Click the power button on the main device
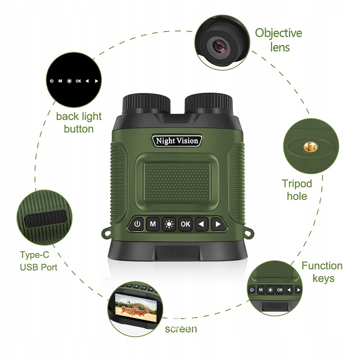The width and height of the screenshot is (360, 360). click(138, 224)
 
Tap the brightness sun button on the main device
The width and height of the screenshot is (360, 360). click(169, 224)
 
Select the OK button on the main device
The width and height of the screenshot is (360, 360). click(185, 224)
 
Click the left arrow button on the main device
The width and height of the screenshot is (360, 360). click(201, 224)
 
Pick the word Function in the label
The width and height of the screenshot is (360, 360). click(322, 265)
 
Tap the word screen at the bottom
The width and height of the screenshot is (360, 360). click(180, 328)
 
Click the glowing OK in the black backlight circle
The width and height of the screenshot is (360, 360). click(78, 81)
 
